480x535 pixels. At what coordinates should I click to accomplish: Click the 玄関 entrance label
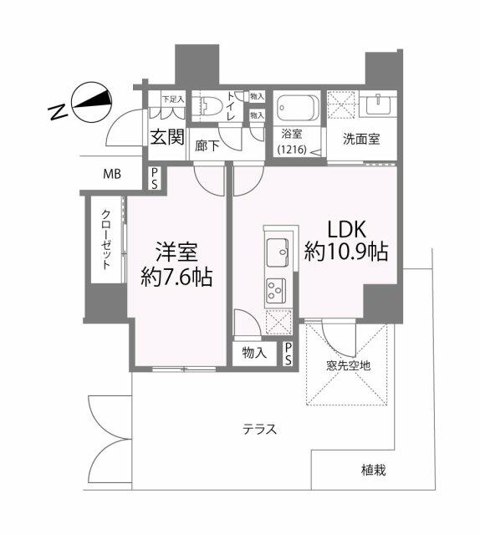click(x=167, y=137)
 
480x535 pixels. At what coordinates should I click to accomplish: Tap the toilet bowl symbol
click(x=205, y=106)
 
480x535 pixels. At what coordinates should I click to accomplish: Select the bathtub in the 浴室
click(x=298, y=108)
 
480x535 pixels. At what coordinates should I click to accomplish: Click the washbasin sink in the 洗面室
click(x=378, y=104)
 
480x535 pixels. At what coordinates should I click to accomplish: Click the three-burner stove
click(x=276, y=290)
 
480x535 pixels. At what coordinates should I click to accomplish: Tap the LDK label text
click(x=347, y=229)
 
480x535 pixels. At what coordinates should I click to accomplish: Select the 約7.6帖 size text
click(x=176, y=277)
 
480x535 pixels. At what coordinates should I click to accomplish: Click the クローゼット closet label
click(x=106, y=240)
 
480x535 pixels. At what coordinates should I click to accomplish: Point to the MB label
click(x=112, y=175)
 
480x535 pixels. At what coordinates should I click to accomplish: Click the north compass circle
click(x=91, y=102)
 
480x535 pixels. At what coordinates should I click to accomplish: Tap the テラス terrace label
click(x=259, y=429)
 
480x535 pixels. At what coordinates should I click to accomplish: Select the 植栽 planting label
click(x=374, y=471)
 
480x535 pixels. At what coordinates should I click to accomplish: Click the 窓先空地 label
click(x=348, y=366)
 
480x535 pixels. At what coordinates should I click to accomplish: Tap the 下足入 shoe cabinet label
click(x=173, y=99)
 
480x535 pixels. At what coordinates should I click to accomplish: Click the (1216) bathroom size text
click(x=292, y=149)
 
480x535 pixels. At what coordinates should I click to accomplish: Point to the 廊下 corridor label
click(x=207, y=146)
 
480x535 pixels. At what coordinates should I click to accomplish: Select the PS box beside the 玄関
click(x=155, y=178)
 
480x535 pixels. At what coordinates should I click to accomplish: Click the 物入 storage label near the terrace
click(x=254, y=353)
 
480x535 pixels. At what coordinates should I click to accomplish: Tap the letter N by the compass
click(x=58, y=112)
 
